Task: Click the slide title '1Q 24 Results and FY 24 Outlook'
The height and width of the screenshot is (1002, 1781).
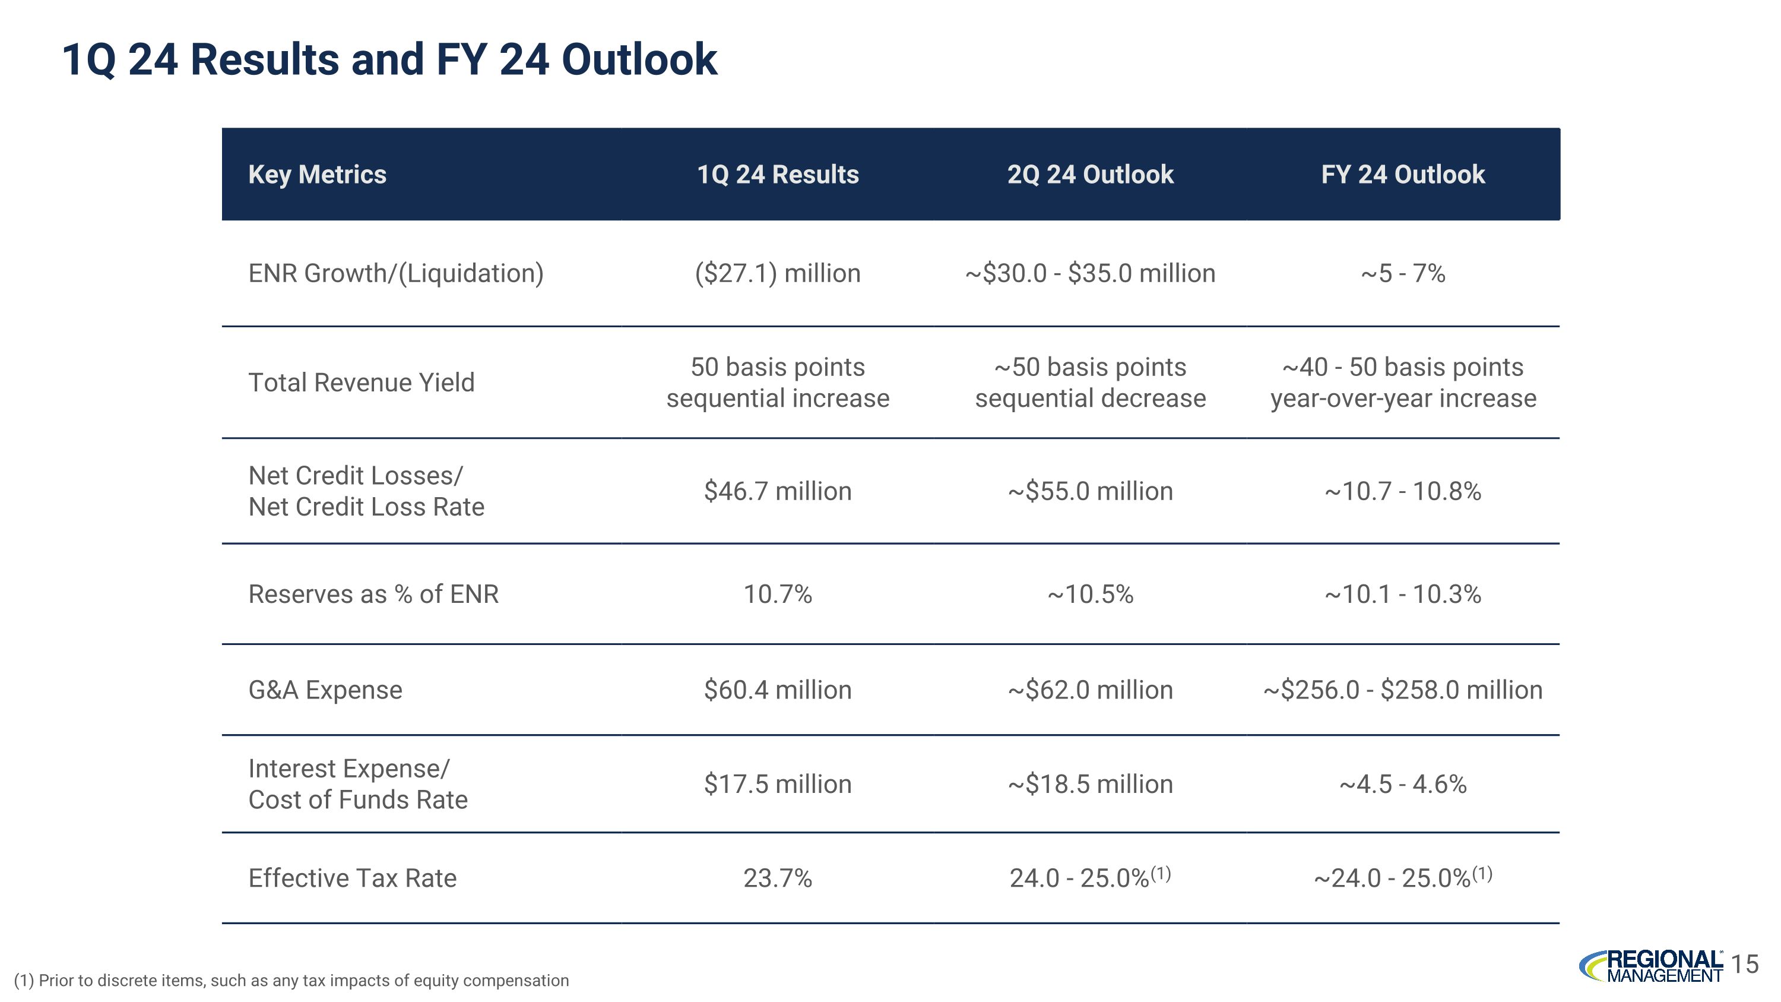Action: pyautogui.click(x=389, y=59)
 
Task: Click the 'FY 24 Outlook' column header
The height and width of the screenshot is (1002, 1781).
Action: pyautogui.click(x=1402, y=174)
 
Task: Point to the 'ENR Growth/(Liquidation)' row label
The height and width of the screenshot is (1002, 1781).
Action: pyautogui.click(x=395, y=273)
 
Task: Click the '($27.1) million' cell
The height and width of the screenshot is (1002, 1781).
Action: pyautogui.click(x=777, y=273)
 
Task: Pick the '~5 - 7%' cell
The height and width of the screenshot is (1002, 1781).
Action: pyautogui.click(x=1402, y=273)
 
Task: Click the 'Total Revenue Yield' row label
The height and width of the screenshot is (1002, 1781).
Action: pyautogui.click(x=361, y=383)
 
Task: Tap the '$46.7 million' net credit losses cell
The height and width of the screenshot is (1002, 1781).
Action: pyautogui.click(x=777, y=491)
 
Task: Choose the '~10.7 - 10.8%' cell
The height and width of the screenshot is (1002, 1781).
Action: pyautogui.click(x=1402, y=491)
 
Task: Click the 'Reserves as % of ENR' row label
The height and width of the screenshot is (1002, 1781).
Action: pyautogui.click(x=373, y=594)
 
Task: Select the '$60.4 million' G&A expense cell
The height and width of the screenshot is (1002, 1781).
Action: pyautogui.click(x=777, y=690)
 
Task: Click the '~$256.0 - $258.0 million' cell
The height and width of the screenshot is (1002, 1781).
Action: pyautogui.click(x=1402, y=690)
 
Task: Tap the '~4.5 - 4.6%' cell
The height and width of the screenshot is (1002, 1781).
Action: pyautogui.click(x=1402, y=784)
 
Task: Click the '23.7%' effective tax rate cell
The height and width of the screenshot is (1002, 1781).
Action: pyautogui.click(x=777, y=878)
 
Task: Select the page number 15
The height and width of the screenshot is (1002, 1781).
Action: pyautogui.click(x=1746, y=964)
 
